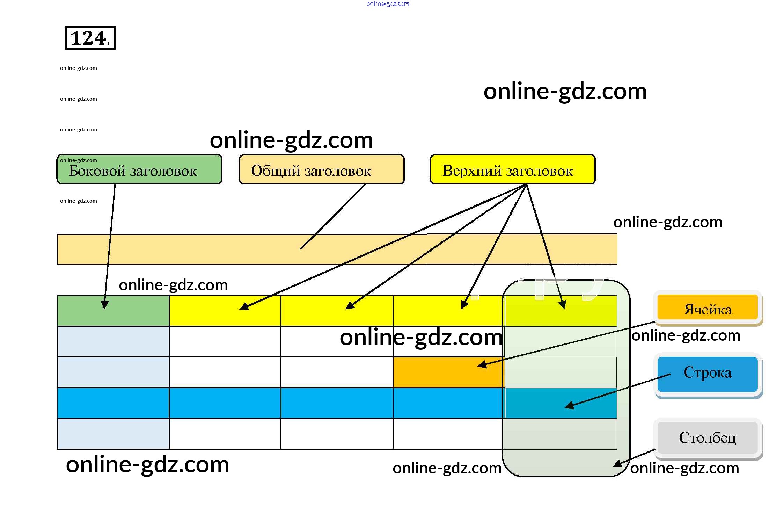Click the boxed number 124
90,38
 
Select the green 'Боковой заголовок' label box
139,169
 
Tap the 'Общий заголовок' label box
321,169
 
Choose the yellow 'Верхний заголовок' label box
512,169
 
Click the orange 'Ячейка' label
708,307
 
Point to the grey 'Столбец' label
708,437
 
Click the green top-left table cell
113,311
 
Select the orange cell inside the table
448,372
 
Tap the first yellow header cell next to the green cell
225,311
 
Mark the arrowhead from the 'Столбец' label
617,464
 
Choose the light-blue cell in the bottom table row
113,434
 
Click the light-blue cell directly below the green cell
113,341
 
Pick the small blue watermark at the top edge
388,4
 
